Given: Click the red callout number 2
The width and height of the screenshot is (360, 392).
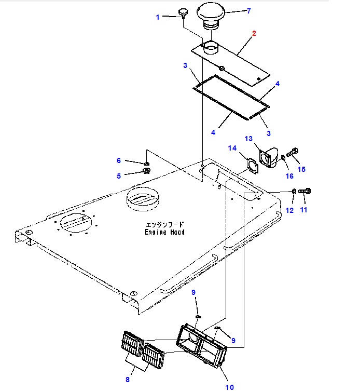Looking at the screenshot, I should (254, 34).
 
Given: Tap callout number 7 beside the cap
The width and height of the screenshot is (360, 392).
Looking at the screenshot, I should (248, 11).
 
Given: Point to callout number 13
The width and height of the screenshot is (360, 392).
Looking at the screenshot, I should (248, 139).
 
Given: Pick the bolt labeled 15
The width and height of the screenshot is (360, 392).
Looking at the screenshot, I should (292, 152).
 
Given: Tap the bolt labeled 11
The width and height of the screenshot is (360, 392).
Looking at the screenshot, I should (306, 192).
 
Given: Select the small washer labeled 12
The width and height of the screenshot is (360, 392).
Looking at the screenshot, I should (294, 192).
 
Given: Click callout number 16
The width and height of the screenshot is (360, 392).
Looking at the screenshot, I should (289, 177).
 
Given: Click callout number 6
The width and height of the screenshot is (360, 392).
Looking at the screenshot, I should (118, 161).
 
